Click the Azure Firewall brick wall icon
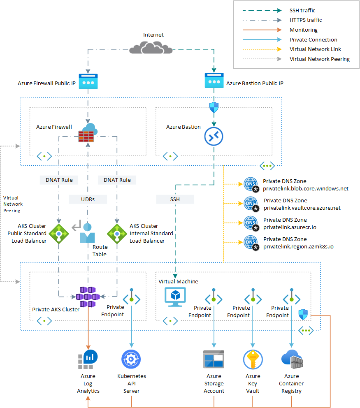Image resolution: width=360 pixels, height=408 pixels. (x=87, y=133)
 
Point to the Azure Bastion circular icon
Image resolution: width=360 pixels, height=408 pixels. (x=214, y=136)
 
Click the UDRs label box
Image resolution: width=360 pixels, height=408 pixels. (x=88, y=199)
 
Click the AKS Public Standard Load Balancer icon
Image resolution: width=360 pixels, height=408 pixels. (x=59, y=233)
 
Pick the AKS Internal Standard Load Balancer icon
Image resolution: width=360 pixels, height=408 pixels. (x=117, y=233)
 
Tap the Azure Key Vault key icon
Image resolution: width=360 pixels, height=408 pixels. (x=253, y=359)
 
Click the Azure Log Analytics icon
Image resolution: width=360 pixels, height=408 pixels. (x=88, y=359)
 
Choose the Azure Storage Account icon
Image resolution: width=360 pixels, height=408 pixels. (x=214, y=359)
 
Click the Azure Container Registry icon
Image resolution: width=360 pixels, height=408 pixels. (x=292, y=359)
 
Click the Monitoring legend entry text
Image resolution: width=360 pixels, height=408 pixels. (x=304, y=30)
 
